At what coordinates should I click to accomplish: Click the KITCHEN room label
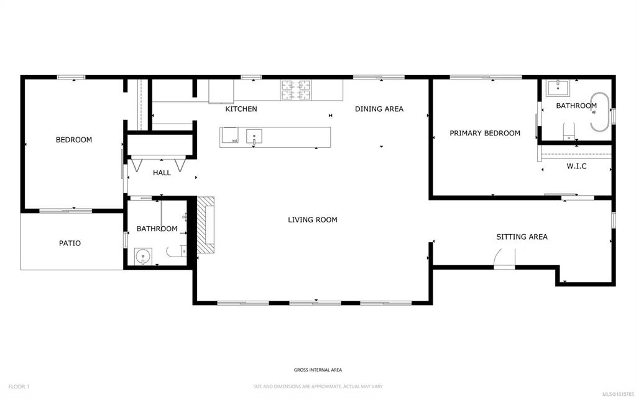coord(241,109)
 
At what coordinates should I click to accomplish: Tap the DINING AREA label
coord(379,109)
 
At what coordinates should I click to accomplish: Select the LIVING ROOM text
coord(313,220)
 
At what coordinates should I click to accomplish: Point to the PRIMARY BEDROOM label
coord(485,133)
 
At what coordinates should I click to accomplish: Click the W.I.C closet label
coord(576,167)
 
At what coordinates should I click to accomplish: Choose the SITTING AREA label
coord(522,237)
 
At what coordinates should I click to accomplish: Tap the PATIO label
coord(70,244)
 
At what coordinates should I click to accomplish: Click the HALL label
coord(162,173)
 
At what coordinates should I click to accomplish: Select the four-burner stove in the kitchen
coord(296,90)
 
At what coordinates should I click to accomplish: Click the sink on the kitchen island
coord(254,137)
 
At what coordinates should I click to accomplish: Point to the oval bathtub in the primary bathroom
coord(600,112)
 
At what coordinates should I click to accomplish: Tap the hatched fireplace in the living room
coord(206,226)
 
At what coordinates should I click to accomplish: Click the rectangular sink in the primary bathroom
coord(558,88)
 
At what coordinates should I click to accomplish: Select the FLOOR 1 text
coord(19,387)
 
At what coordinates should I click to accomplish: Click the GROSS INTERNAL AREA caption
coord(318,370)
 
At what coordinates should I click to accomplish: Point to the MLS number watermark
coord(619,394)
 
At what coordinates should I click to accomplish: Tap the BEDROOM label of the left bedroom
coord(74,140)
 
